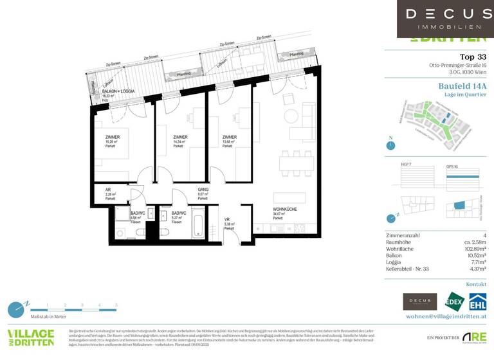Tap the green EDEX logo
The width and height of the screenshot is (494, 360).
click(x=452, y=301)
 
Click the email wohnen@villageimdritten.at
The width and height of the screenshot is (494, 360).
click(x=446, y=317)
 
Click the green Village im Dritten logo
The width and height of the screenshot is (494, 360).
click(x=30, y=337)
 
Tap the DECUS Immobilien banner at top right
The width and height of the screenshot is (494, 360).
click(x=445, y=19)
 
